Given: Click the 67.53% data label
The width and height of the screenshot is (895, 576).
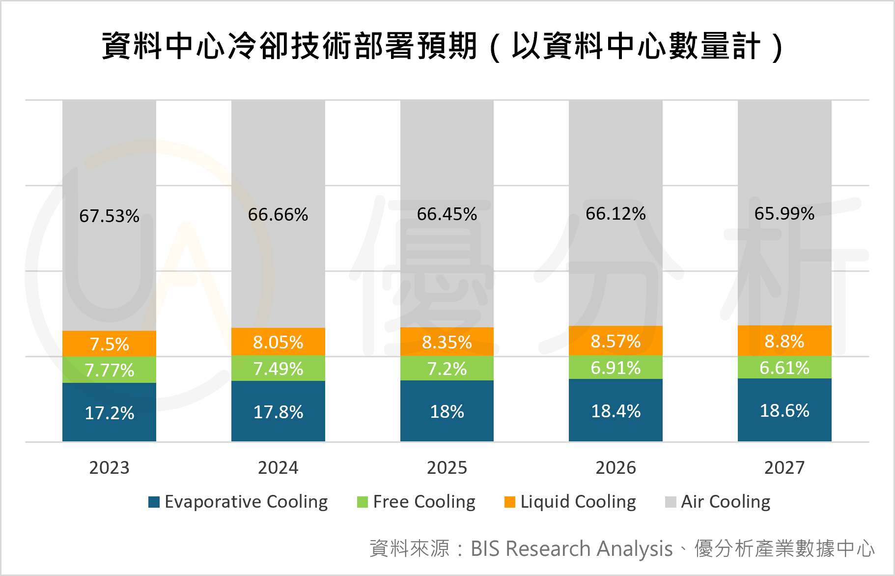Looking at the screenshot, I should coord(109,216).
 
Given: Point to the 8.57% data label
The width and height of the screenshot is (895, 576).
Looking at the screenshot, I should coord(615,341).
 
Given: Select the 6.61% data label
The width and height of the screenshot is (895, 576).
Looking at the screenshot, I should coord(784,368).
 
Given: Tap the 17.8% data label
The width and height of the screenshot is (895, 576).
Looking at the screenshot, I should coord(278,412).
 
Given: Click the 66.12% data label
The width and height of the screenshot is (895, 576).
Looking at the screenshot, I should coord(615,214).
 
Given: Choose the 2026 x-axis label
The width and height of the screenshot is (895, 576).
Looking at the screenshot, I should coord(615,467).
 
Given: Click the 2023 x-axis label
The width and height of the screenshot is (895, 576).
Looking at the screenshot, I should coord(109,467).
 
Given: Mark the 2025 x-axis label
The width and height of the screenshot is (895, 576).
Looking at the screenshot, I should coord(447,467).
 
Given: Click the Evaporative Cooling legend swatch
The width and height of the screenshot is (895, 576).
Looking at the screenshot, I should coord(154,502).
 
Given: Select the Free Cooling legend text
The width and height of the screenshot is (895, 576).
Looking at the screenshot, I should coord(424,502).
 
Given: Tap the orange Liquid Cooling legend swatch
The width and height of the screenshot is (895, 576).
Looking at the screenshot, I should coord(510,502).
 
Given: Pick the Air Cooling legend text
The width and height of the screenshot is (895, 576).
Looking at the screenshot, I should coord(725,502).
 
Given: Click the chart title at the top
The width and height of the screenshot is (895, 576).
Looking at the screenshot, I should coord(442,47).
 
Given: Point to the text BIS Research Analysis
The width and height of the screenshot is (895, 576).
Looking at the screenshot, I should coord(571,548).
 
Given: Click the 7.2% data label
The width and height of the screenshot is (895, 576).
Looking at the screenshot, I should coord(447,369).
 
